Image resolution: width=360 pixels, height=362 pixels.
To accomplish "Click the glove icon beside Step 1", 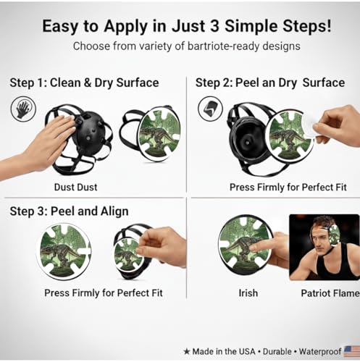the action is click(23, 109).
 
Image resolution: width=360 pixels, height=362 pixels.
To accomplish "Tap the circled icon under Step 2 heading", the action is click(210, 109).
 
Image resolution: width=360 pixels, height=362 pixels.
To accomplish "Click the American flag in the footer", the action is click(352, 351).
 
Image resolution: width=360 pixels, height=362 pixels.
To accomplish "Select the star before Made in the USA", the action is click(187, 351).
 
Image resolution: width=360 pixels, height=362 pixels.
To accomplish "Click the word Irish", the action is click(248, 293).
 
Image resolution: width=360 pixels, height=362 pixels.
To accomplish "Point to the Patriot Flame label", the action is click(330, 293).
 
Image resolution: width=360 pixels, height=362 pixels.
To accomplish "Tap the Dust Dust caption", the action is click(75, 187).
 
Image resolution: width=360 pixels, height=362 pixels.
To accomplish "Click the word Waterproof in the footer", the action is click(320, 352).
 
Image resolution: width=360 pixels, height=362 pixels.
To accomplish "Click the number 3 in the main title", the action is click(214, 26).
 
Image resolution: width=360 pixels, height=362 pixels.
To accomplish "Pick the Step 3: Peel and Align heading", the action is click(69, 211).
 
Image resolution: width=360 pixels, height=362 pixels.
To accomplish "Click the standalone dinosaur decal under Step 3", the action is click(64, 251).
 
